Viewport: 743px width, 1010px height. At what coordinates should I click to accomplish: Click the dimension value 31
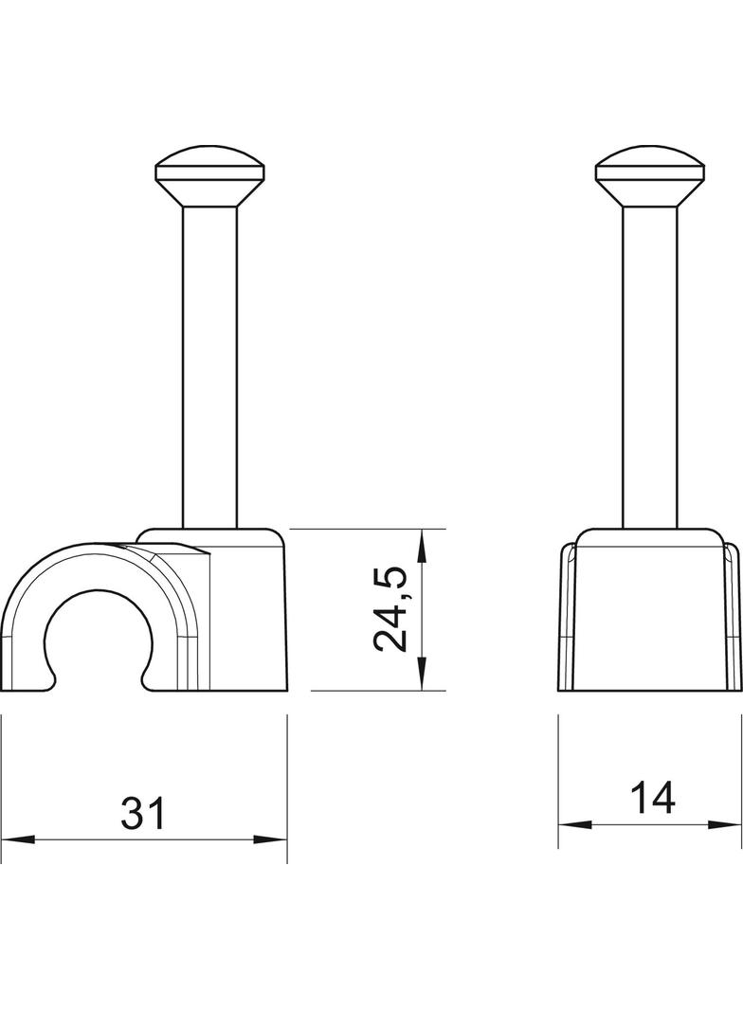pos(143,813)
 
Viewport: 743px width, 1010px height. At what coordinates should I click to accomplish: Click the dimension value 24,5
pos(391,609)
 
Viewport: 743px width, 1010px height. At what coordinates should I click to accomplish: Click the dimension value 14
pos(652,798)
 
